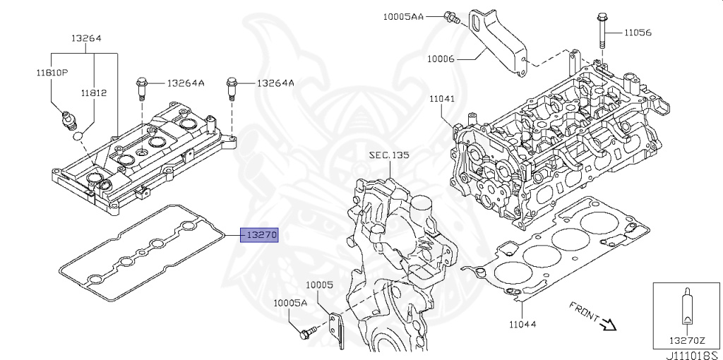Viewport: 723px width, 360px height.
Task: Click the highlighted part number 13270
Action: click(x=261, y=236)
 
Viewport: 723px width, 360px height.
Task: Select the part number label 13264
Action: click(x=86, y=38)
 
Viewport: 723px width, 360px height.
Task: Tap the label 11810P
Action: click(x=52, y=73)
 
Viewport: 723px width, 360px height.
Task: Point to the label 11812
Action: click(x=94, y=92)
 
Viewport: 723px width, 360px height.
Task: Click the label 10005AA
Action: click(x=403, y=17)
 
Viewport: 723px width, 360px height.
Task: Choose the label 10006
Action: click(x=441, y=59)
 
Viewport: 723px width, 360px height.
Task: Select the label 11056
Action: click(x=638, y=32)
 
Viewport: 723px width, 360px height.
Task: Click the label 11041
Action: click(x=442, y=99)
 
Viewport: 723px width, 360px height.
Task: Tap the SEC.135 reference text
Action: click(x=389, y=155)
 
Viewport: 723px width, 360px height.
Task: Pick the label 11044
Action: click(x=522, y=324)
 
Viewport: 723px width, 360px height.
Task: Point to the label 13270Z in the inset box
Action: click(x=687, y=341)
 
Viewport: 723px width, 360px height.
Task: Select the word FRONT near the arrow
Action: click(x=584, y=311)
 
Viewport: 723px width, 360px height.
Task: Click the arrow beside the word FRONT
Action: click(x=608, y=325)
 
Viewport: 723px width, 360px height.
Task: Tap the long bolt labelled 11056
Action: click(x=602, y=30)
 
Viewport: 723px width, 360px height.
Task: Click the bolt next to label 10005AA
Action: click(x=451, y=18)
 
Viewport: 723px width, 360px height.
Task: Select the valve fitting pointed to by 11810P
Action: click(x=68, y=120)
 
